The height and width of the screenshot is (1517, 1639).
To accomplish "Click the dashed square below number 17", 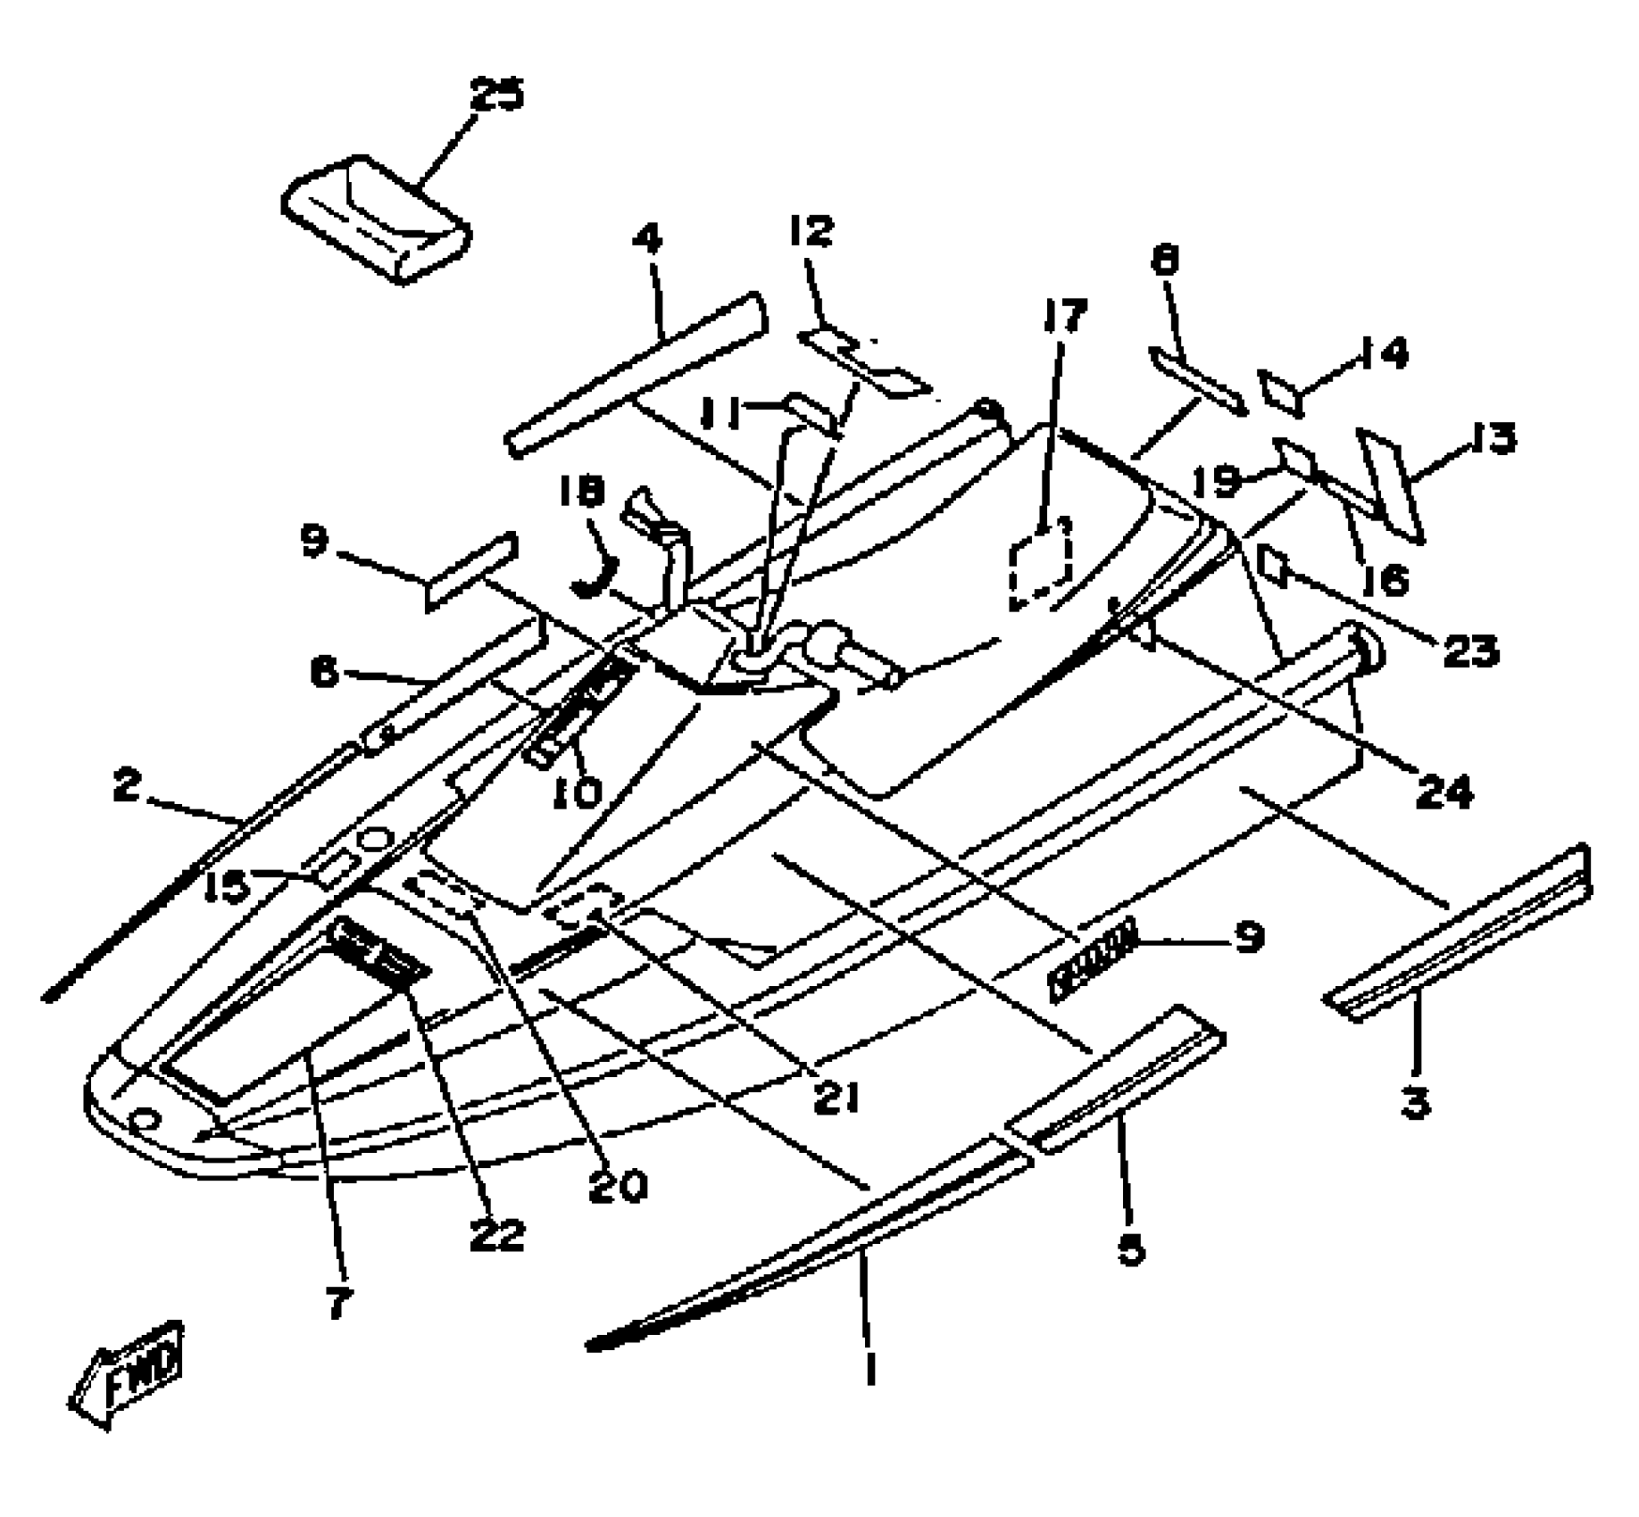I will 1040,562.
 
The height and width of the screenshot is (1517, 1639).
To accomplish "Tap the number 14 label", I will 1380,355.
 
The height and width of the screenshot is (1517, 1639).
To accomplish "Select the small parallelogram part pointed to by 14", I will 1279,392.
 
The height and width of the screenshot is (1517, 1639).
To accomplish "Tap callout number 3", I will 1416,1104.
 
